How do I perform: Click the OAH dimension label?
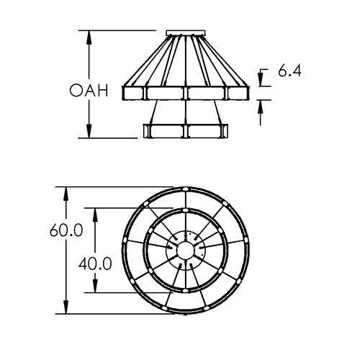click(89, 91)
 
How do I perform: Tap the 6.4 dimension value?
click(289, 71)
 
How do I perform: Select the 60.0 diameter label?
click(66, 230)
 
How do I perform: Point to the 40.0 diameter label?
click(95, 264)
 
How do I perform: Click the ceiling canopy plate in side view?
click(186, 33)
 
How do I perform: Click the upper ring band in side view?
click(186, 93)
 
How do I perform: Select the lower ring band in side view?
click(186, 131)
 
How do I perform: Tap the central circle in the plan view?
click(186, 250)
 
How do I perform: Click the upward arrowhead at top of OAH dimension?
click(89, 37)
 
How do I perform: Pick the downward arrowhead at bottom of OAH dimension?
click(89, 131)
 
